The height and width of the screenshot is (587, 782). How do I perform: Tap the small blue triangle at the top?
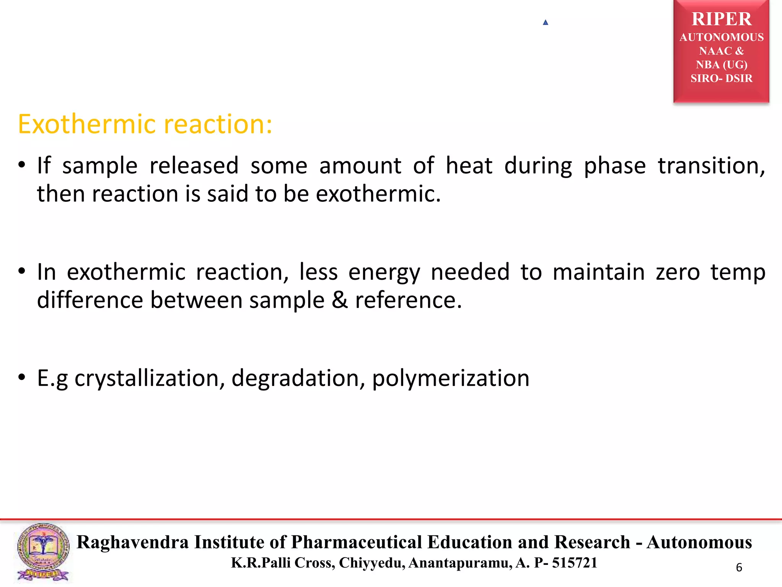click(545, 23)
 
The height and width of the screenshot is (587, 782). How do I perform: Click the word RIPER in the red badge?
click(721, 19)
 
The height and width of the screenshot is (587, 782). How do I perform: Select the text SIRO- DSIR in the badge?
click(721, 78)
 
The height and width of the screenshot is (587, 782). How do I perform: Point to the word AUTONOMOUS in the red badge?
click(721, 37)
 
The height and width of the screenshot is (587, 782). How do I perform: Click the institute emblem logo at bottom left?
click(43, 552)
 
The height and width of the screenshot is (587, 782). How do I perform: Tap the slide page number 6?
click(739, 568)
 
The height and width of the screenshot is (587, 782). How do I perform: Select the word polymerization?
click(451, 378)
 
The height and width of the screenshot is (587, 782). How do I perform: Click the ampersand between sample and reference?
click(339, 300)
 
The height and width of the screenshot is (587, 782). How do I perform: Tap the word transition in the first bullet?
click(711, 166)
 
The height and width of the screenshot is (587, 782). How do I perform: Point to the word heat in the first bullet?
click(469, 166)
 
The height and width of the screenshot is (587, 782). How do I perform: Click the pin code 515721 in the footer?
click(574, 563)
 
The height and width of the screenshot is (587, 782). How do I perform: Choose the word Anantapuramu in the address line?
click(460, 563)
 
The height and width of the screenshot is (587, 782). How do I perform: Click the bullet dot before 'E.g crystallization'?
click(22, 378)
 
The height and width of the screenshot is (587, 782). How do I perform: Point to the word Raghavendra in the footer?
click(132, 542)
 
